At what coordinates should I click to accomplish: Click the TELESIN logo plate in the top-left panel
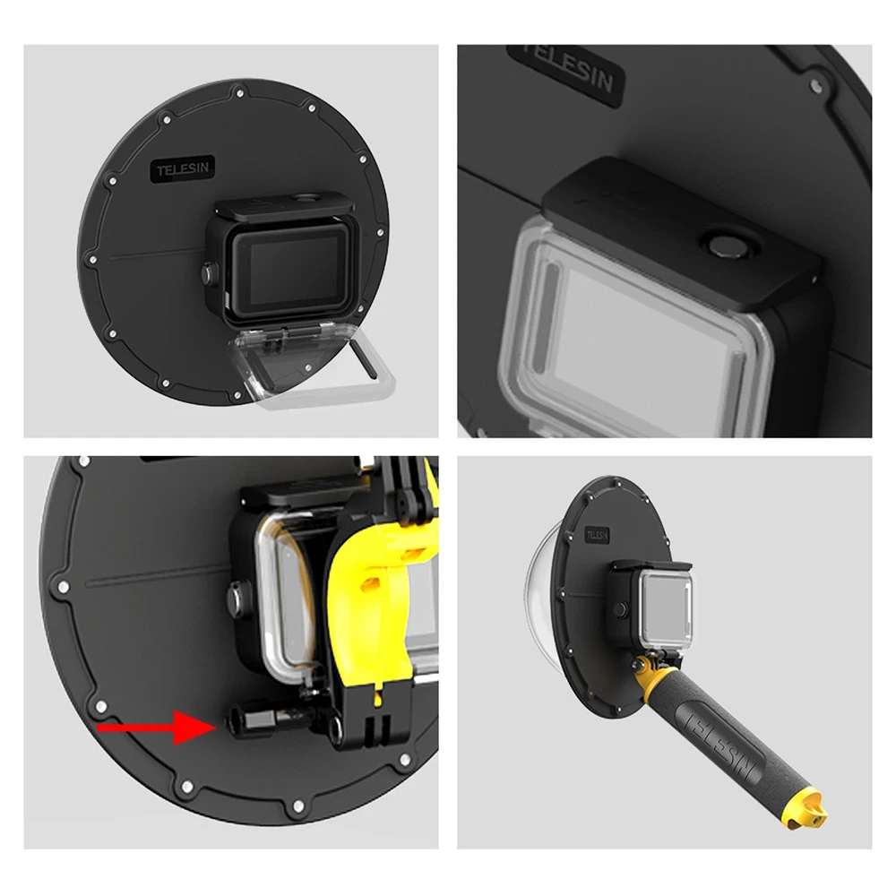pyautogui.click(x=182, y=169)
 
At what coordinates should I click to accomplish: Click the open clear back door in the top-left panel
pyautogui.click(x=312, y=365)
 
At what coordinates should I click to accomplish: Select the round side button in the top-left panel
pyautogui.click(x=209, y=273)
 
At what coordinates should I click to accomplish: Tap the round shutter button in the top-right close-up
pyautogui.click(x=728, y=246)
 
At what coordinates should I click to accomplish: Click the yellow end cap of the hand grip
pyautogui.click(x=805, y=806)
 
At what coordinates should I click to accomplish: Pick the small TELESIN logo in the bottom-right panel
pyautogui.click(x=597, y=536)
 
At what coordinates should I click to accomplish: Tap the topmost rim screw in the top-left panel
pyautogui.click(x=240, y=92)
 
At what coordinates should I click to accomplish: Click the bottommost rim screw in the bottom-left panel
pyautogui.click(x=297, y=806)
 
